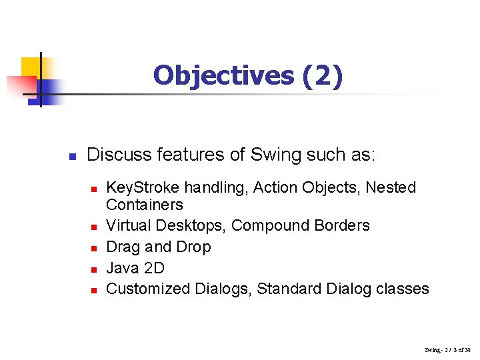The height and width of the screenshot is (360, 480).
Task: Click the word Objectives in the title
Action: [x=223, y=75]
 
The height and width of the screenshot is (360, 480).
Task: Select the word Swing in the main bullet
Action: [x=275, y=155]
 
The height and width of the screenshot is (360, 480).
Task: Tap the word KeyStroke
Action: [x=143, y=188]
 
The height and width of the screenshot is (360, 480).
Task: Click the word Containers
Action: [x=144, y=205]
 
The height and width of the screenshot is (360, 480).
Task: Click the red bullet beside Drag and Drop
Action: [x=94, y=248]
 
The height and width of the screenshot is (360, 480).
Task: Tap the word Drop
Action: [x=193, y=247]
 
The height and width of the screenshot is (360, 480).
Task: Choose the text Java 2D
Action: [x=135, y=268]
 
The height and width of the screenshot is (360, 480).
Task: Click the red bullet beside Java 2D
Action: [x=94, y=269]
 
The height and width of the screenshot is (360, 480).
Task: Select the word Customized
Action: [x=149, y=289]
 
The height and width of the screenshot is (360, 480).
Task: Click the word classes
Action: [x=403, y=289]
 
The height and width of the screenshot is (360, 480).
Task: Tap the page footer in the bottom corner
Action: [x=447, y=349]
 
